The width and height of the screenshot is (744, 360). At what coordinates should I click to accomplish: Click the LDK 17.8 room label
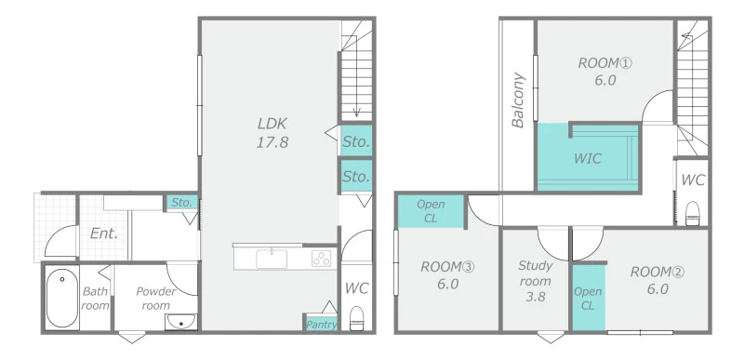coord(272,133)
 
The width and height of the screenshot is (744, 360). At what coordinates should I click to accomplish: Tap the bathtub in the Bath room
coord(62,298)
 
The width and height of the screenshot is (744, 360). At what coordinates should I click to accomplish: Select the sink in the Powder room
coord(180,322)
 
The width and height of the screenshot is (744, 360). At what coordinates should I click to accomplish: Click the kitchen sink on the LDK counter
coord(272,259)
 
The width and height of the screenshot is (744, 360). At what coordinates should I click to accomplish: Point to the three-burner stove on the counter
coord(321,259)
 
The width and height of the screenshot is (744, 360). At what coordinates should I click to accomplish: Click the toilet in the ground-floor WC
coord(356,318)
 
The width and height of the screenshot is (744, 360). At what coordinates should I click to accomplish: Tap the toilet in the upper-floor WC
coord(693,213)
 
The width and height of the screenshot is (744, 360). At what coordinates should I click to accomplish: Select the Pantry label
coord(322,325)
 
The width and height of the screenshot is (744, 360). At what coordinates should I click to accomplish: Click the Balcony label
coord(518,100)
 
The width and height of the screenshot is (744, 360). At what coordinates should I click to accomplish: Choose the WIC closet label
coord(588,158)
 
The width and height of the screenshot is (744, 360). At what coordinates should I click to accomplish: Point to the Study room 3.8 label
coord(536,281)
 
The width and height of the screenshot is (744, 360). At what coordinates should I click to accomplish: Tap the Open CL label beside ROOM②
coord(588,299)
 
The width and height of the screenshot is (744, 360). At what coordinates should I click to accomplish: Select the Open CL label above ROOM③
coord(431,211)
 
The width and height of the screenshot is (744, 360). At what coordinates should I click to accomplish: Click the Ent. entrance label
coord(104,233)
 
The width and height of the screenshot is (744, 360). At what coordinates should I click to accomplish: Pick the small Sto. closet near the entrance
coord(181,203)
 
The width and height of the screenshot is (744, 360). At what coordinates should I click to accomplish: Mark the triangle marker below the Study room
coord(551,338)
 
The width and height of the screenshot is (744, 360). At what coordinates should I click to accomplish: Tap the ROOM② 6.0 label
coord(658,280)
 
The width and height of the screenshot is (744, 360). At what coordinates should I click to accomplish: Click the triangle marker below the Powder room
coord(132,338)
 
